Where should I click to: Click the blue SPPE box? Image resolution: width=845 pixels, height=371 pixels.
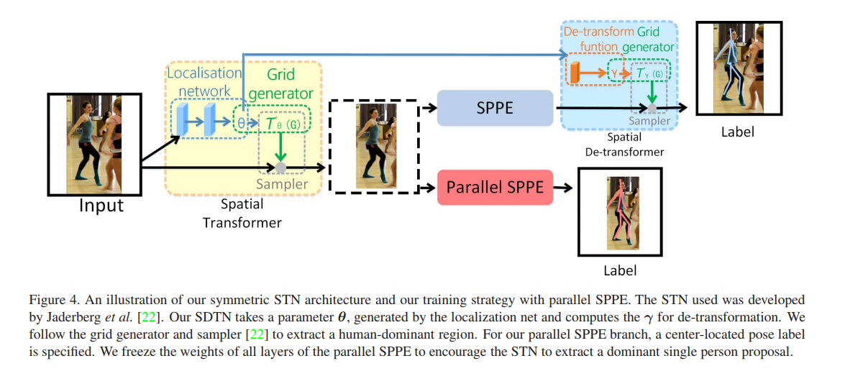pos(495,108)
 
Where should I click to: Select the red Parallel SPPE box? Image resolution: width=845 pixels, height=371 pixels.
pos(495,188)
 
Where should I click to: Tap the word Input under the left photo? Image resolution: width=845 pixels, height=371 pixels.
pos(101,206)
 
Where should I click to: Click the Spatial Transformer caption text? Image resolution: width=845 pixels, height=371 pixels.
pos(242,214)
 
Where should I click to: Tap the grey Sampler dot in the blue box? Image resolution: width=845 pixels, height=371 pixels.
pos(652,109)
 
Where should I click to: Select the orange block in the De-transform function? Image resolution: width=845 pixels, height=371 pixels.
pos(575,73)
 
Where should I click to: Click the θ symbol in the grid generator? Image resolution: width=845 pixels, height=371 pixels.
pos(242,123)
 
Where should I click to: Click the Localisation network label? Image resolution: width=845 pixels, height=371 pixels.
pos(204,81)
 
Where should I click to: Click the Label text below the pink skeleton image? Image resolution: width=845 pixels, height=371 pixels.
pos(619,271)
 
